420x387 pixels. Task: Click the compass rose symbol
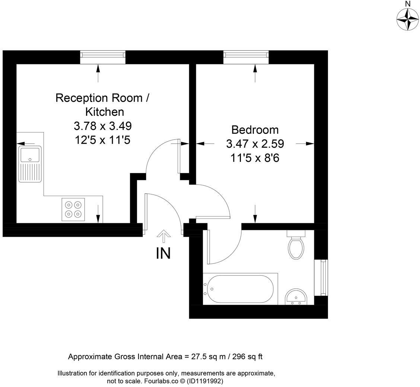tap(407, 19)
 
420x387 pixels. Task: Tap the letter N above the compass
tap(408, 4)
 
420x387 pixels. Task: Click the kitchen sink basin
tap(30, 154)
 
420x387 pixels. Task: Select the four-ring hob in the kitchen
tap(73, 210)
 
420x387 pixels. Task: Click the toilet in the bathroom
tap(296, 247)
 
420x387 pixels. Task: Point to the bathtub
tap(238, 289)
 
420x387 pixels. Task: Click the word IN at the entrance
tap(163, 253)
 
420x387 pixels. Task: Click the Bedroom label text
tap(255, 129)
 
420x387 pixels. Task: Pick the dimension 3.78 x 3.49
tap(103, 126)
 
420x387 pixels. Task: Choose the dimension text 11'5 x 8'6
tap(255, 158)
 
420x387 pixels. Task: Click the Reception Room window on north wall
tap(103, 55)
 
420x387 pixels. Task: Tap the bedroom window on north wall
tap(246, 55)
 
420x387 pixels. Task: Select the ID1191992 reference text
tap(205, 381)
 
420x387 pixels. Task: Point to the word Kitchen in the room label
tap(105, 112)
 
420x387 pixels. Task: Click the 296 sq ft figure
tap(247, 356)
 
